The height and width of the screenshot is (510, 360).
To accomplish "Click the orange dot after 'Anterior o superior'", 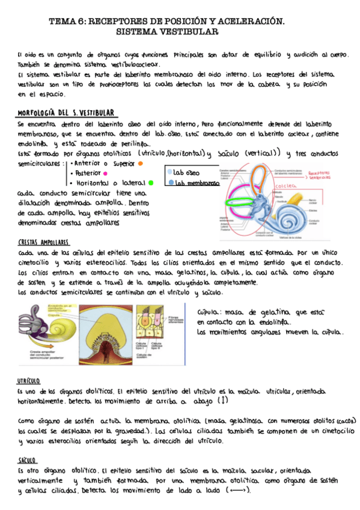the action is [x=140, y=162].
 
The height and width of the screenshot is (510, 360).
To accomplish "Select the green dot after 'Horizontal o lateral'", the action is [x=151, y=182].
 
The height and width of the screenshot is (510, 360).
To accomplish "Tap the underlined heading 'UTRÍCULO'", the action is [x=29, y=381].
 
